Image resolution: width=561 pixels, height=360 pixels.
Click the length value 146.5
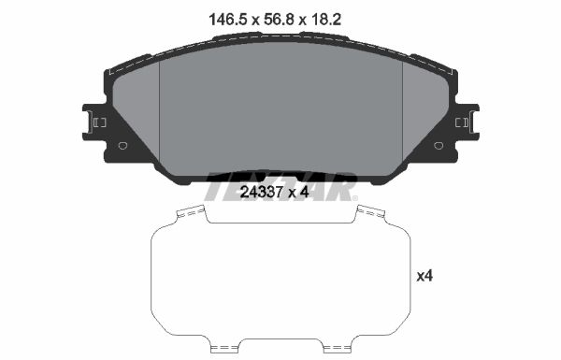[x=221, y=16]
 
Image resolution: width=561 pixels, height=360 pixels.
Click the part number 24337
[x=262, y=193]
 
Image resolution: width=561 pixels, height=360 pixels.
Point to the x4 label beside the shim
[x=424, y=276]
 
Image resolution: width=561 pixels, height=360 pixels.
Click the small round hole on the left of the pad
[x=122, y=145]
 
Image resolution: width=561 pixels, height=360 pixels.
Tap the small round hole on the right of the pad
[x=439, y=145]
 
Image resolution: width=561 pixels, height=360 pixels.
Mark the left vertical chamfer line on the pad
[x=161, y=112]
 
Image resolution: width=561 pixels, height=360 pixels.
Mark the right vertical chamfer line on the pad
[x=401, y=112]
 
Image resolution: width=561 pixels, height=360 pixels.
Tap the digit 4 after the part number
[x=305, y=193]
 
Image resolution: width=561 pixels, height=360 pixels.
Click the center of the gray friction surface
[x=280, y=112]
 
